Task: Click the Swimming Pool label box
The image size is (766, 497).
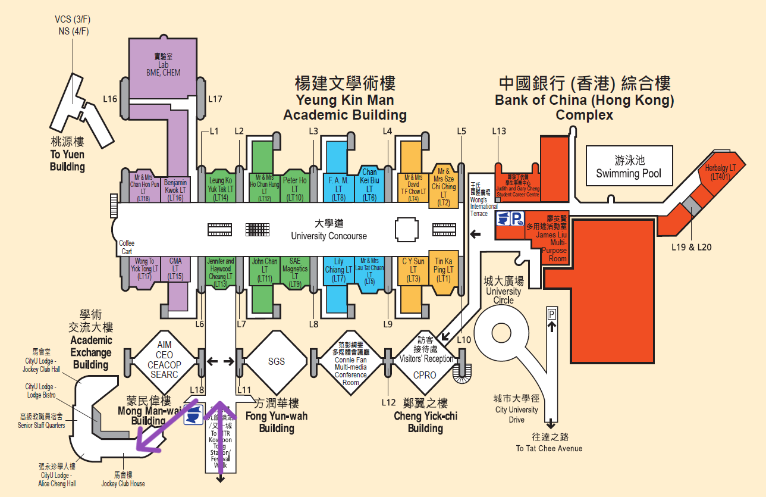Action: tap(629, 167)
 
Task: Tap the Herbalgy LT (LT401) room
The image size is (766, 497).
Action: tap(720, 172)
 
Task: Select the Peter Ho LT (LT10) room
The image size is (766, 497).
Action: tap(295, 188)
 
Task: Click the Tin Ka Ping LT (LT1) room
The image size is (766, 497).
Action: tap(443, 270)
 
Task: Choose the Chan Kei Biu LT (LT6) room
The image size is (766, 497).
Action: tap(369, 185)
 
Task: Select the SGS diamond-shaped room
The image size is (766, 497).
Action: tap(276, 361)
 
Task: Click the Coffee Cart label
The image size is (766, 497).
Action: tap(127, 247)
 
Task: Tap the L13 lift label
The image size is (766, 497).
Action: tap(499, 131)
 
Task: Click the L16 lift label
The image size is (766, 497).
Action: tap(110, 99)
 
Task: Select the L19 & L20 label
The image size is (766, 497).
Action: tap(692, 247)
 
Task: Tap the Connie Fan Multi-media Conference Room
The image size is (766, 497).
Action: tap(350, 363)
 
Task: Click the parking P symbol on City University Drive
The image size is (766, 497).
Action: tap(552, 313)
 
